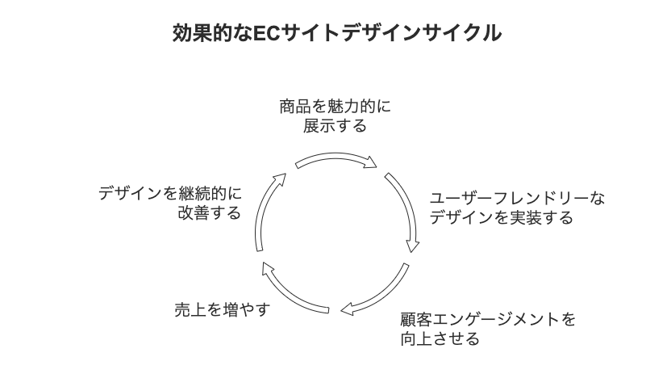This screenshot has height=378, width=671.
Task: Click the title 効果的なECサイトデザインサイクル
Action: tap(337, 33)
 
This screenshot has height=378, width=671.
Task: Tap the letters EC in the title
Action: tap(267, 33)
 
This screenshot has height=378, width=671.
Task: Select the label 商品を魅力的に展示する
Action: tap(335, 116)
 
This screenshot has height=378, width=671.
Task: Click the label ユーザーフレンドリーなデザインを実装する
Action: tap(517, 208)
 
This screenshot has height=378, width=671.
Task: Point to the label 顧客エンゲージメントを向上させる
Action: tap(488, 330)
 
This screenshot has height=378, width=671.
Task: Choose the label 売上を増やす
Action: tap(223, 310)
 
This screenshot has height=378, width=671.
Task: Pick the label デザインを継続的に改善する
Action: tap(170, 203)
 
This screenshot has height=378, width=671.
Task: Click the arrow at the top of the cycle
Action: tap(336, 157)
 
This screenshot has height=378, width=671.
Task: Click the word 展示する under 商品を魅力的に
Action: tap(335, 125)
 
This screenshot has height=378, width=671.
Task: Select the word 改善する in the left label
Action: tap(210, 212)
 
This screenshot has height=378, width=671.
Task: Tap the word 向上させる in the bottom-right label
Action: tap(440, 338)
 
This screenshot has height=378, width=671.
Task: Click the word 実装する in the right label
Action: tap(542, 218)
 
